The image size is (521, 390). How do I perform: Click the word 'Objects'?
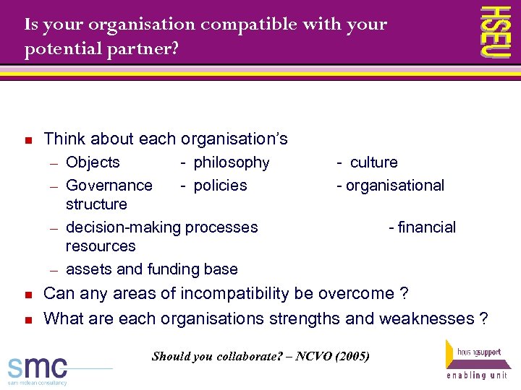93,162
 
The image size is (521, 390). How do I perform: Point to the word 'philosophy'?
232,162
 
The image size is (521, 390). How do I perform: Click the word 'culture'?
373,162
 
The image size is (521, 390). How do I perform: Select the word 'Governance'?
109,186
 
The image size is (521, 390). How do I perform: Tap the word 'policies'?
220,186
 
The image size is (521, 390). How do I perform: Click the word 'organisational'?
395,186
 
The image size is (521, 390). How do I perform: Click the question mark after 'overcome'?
404,294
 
